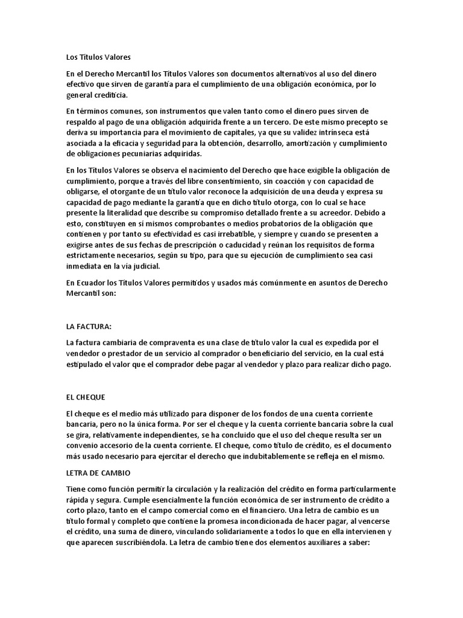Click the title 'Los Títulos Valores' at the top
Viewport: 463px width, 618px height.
click(98, 57)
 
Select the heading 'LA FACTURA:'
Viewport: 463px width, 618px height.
click(89, 326)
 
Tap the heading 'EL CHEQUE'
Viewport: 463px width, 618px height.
click(86, 397)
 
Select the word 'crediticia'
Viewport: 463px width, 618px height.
click(110, 95)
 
